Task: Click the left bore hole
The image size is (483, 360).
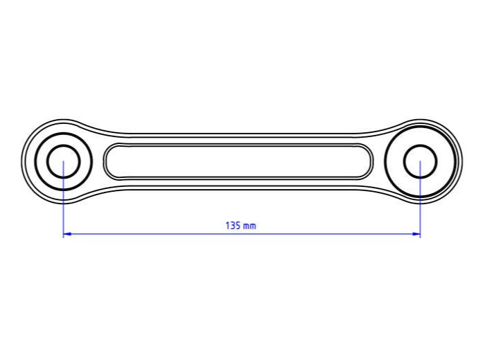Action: point(63,162)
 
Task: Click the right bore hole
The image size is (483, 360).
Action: point(420,162)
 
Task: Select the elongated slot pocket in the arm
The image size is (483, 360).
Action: point(238,161)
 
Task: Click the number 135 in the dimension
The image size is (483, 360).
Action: point(233,226)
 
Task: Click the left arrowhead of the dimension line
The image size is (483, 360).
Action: point(67,234)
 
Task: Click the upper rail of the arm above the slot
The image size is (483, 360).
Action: point(238,138)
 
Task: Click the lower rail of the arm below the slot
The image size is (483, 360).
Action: point(238,185)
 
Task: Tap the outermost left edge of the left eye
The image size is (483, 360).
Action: point(22,162)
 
